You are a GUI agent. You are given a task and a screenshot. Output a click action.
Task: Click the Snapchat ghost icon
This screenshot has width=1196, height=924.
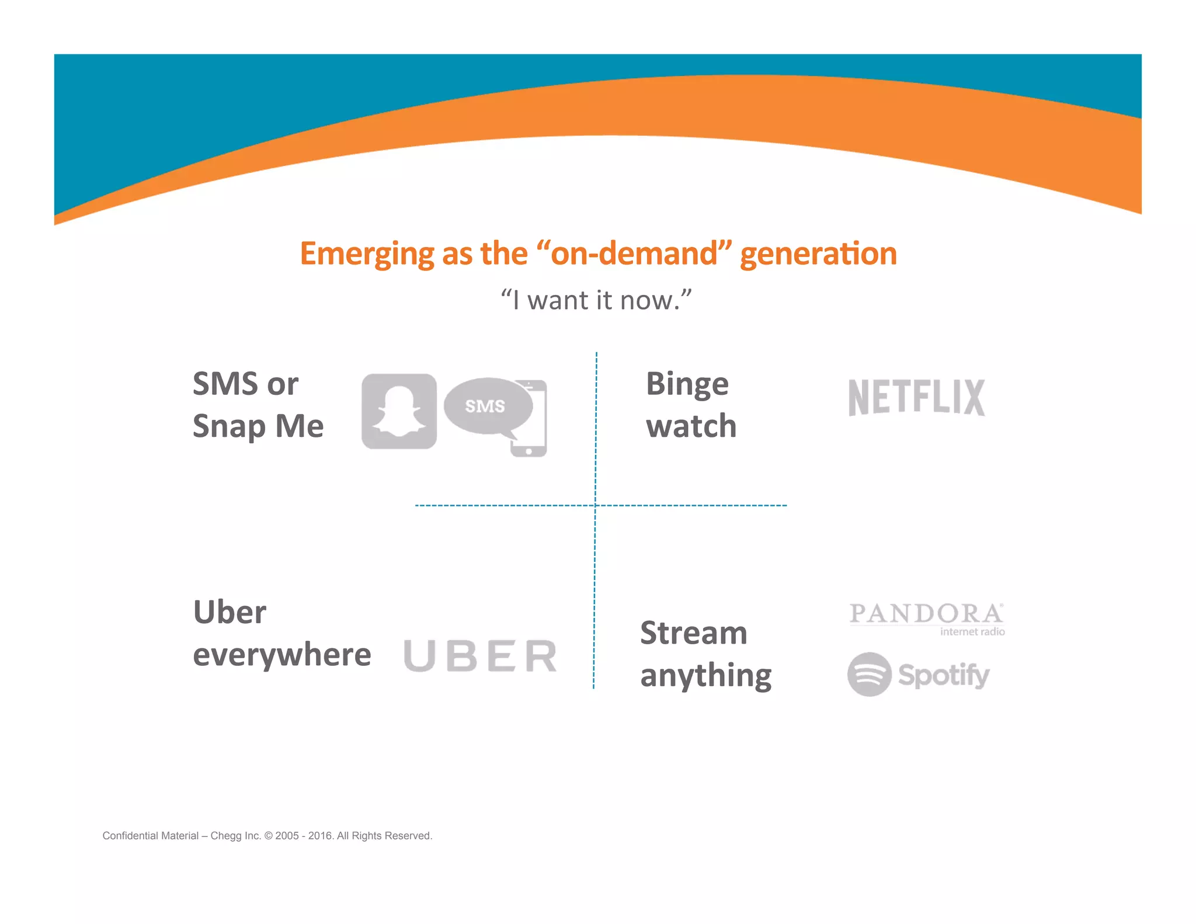(x=399, y=411)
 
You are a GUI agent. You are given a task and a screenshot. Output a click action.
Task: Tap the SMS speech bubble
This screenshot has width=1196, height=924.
(x=487, y=406)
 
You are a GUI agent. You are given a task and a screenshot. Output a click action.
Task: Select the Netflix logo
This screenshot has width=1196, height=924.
(x=916, y=398)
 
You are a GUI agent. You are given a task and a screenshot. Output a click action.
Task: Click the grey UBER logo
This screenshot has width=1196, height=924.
(x=480, y=655)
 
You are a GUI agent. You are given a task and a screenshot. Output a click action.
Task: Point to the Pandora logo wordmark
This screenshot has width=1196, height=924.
(x=926, y=614)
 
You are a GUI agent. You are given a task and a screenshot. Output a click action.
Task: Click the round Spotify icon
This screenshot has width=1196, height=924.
(x=869, y=674)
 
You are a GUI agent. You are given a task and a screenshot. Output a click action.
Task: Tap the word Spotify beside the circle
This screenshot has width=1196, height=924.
(x=944, y=675)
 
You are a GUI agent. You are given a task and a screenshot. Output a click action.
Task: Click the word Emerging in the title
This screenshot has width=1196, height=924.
(x=367, y=254)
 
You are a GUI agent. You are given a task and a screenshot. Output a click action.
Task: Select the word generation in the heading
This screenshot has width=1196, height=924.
(x=818, y=254)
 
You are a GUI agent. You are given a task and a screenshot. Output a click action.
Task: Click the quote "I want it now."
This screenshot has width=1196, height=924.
(x=596, y=300)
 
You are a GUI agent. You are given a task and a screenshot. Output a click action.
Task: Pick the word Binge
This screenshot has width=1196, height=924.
(x=687, y=385)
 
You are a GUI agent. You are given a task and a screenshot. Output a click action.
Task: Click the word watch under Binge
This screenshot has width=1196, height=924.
(x=691, y=426)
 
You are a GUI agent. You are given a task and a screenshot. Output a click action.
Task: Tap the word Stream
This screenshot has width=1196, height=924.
(x=694, y=633)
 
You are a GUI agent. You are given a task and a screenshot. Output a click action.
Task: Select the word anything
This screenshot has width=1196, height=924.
(x=706, y=676)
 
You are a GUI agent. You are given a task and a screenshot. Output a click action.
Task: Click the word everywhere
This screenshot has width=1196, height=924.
(x=282, y=655)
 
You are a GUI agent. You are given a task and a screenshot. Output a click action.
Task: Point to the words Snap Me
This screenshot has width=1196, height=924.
(x=258, y=426)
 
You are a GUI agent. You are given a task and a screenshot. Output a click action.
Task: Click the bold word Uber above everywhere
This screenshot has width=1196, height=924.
(x=230, y=612)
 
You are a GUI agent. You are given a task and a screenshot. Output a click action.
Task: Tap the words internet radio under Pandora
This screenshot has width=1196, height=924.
(x=972, y=631)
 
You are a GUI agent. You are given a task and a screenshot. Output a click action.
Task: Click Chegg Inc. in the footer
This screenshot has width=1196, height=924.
(x=235, y=836)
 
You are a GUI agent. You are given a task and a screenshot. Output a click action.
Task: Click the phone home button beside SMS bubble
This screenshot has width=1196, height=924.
(x=529, y=451)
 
